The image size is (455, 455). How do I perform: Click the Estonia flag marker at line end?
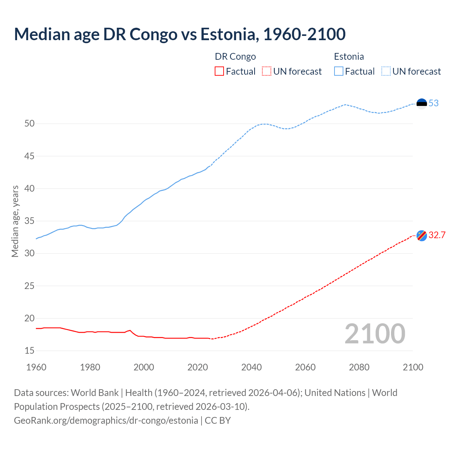(x=422, y=103)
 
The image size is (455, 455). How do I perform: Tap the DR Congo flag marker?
(x=422, y=236)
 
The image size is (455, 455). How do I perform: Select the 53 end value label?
(x=434, y=103)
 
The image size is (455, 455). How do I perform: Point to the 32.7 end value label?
(x=437, y=235)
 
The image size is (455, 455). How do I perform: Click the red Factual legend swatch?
(x=219, y=71)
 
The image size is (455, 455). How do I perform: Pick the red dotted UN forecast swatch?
(x=267, y=71)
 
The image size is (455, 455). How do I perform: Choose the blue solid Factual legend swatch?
(x=339, y=71)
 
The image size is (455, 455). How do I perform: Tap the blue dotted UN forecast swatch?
(x=386, y=71)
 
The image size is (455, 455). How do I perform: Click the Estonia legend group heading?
(x=349, y=57)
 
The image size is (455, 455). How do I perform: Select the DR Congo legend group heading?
(x=235, y=57)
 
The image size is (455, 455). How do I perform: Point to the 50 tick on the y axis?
(x=30, y=124)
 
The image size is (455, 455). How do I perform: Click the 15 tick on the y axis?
(x=30, y=351)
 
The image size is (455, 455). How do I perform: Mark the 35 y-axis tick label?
(x=30, y=221)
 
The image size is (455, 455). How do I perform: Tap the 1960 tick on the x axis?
(x=36, y=367)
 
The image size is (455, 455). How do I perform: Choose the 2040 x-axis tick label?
(x=251, y=367)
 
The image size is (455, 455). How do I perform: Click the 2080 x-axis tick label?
(x=359, y=367)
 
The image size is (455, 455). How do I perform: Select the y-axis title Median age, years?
(x=15, y=221)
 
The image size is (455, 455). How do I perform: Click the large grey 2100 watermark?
(x=375, y=334)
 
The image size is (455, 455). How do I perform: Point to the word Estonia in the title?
(x=228, y=34)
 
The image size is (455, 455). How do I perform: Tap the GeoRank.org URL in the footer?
(x=106, y=421)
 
